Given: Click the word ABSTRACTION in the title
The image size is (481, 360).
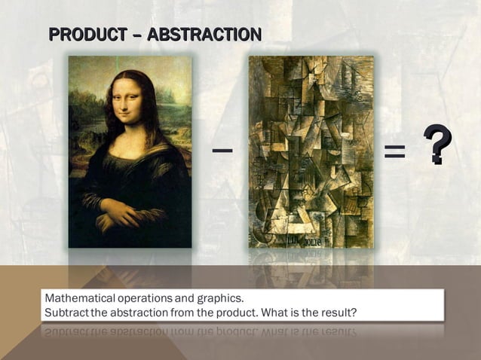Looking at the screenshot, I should [204, 34].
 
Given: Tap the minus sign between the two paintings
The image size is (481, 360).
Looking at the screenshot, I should [222, 151].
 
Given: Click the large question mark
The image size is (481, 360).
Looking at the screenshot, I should [437, 145].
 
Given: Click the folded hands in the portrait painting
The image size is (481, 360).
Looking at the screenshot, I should [121, 214].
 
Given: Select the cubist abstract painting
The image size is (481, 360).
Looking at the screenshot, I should [311, 151].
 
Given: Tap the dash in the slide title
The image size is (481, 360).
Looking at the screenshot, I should [135, 34].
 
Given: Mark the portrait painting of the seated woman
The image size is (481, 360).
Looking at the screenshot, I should [130, 151].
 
